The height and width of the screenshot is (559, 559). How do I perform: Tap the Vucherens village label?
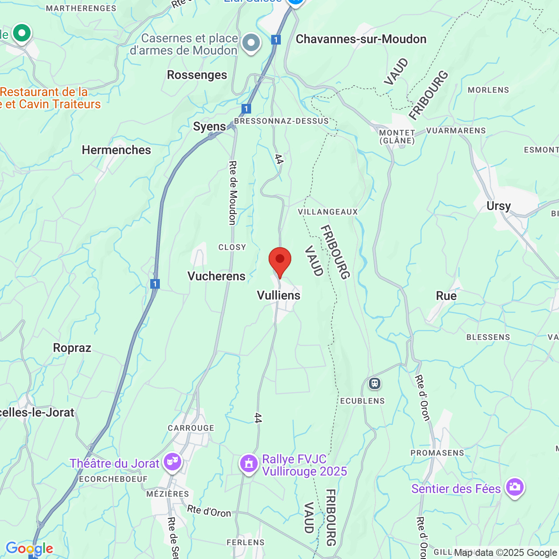[x=216, y=276]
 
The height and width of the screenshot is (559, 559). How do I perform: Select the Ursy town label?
[x=498, y=206]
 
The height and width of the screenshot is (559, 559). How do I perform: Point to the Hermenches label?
[x=116, y=150]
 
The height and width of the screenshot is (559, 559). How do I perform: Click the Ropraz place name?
[x=72, y=348]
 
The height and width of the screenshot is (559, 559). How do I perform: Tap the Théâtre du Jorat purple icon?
[x=172, y=461]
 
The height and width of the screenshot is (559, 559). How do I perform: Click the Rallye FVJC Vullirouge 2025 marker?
[x=249, y=463]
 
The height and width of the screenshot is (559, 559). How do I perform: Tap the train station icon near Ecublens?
[x=375, y=383]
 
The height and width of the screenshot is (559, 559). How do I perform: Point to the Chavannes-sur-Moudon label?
[x=361, y=39]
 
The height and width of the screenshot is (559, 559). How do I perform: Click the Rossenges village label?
[x=197, y=75]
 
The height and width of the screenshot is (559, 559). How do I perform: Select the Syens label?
[x=210, y=127]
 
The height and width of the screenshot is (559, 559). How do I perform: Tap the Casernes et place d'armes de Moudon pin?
[x=251, y=43]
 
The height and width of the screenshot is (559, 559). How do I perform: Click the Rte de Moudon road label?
[x=233, y=193]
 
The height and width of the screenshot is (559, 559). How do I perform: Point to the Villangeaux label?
[x=328, y=212]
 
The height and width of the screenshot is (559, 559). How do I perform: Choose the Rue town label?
[x=446, y=296]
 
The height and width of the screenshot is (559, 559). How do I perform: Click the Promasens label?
[x=437, y=453]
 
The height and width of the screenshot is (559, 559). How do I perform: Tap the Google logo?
[x=29, y=548]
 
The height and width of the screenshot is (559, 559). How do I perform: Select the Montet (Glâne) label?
[x=397, y=136]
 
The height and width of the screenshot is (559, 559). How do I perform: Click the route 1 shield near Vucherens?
[x=155, y=284]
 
